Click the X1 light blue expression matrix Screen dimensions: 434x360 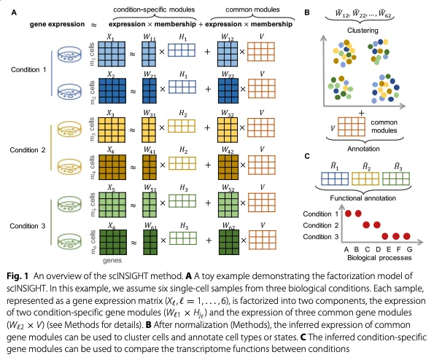[x=112, y=54]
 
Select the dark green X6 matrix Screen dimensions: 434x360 [x=112, y=242]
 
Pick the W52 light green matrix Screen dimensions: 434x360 [x=228, y=205]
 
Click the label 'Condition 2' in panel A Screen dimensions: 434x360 [x=28, y=150]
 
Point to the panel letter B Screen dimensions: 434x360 [x=306, y=12]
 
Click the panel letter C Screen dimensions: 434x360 [x=306, y=156]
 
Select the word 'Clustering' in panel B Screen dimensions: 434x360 [x=363, y=31]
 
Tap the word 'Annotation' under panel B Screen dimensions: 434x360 [x=363, y=149]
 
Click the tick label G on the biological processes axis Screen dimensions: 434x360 [x=409, y=249]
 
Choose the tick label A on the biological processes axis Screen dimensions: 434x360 [x=346, y=249]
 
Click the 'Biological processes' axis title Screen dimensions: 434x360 [x=379, y=258]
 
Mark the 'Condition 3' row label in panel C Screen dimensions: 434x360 [x=321, y=237]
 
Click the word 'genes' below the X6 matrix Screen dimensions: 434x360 [x=112, y=260]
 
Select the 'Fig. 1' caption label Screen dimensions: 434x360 [x=18, y=276]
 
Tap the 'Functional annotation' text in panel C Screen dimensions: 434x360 [x=363, y=198]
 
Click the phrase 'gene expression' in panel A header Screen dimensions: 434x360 [x=58, y=24]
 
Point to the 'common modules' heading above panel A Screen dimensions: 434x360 [x=252, y=9]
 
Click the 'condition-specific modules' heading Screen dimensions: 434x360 [x=154, y=9]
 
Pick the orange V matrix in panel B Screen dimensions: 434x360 [x=352, y=127]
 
